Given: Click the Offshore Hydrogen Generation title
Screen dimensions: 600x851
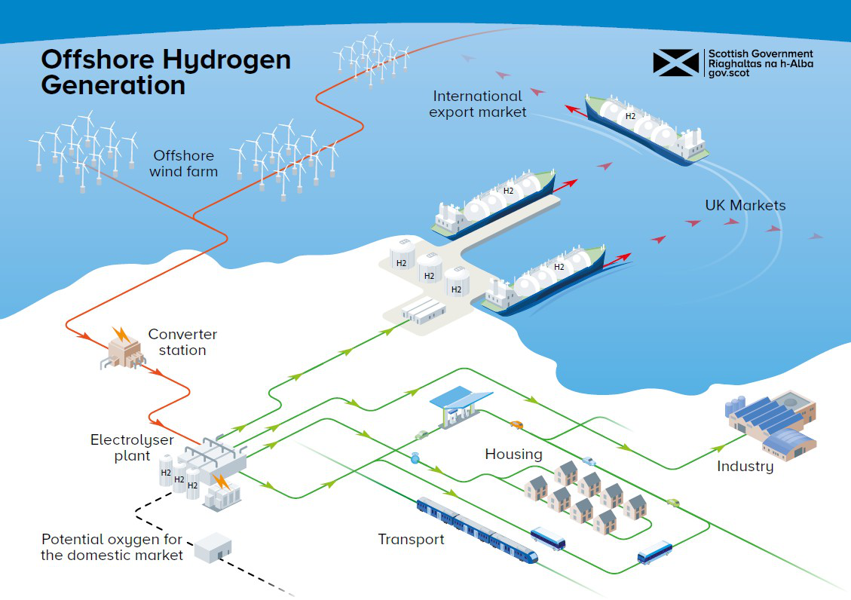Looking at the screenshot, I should pyautogui.click(x=166, y=72).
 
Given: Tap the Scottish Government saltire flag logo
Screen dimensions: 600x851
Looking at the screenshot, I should pyautogui.click(x=675, y=63).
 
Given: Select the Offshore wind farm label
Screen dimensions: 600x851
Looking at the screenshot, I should pyautogui.click(x=183, y=164).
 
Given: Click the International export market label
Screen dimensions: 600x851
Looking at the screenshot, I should pyautogui.click(x=477, y=104).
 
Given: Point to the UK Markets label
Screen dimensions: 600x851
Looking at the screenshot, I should pyautogui.click(x=745, y=205).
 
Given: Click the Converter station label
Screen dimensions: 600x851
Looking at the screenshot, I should pyautogui.click(x=182, y=342).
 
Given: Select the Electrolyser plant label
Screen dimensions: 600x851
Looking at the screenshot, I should pyautogui.click(x=132, y=448).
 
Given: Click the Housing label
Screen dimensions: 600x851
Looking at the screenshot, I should pyautogui.click(x=513, y=454).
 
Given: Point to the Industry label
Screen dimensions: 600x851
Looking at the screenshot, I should pyautogui.click(x=745, y=467).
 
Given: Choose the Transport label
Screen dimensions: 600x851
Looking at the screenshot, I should pyautogui.click(x=411, y=539).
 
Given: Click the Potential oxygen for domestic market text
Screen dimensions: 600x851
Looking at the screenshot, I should pyautogui.click(x=112, y=547).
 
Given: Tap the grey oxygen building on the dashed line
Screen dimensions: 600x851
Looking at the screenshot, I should pyautogui.click(x=213, y=547).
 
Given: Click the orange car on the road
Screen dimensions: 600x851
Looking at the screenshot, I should pyautogui.click(x=516, y=424).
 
